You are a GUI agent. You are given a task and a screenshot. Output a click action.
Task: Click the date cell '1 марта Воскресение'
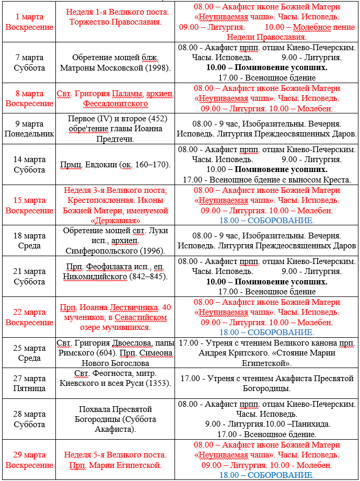pos(29,22)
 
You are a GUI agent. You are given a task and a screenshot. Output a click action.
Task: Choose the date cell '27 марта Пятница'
pos(29,383)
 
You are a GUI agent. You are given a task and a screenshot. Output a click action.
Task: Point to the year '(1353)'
pos(158,383)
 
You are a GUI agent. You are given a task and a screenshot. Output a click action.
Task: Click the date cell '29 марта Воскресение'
pos(29,460)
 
